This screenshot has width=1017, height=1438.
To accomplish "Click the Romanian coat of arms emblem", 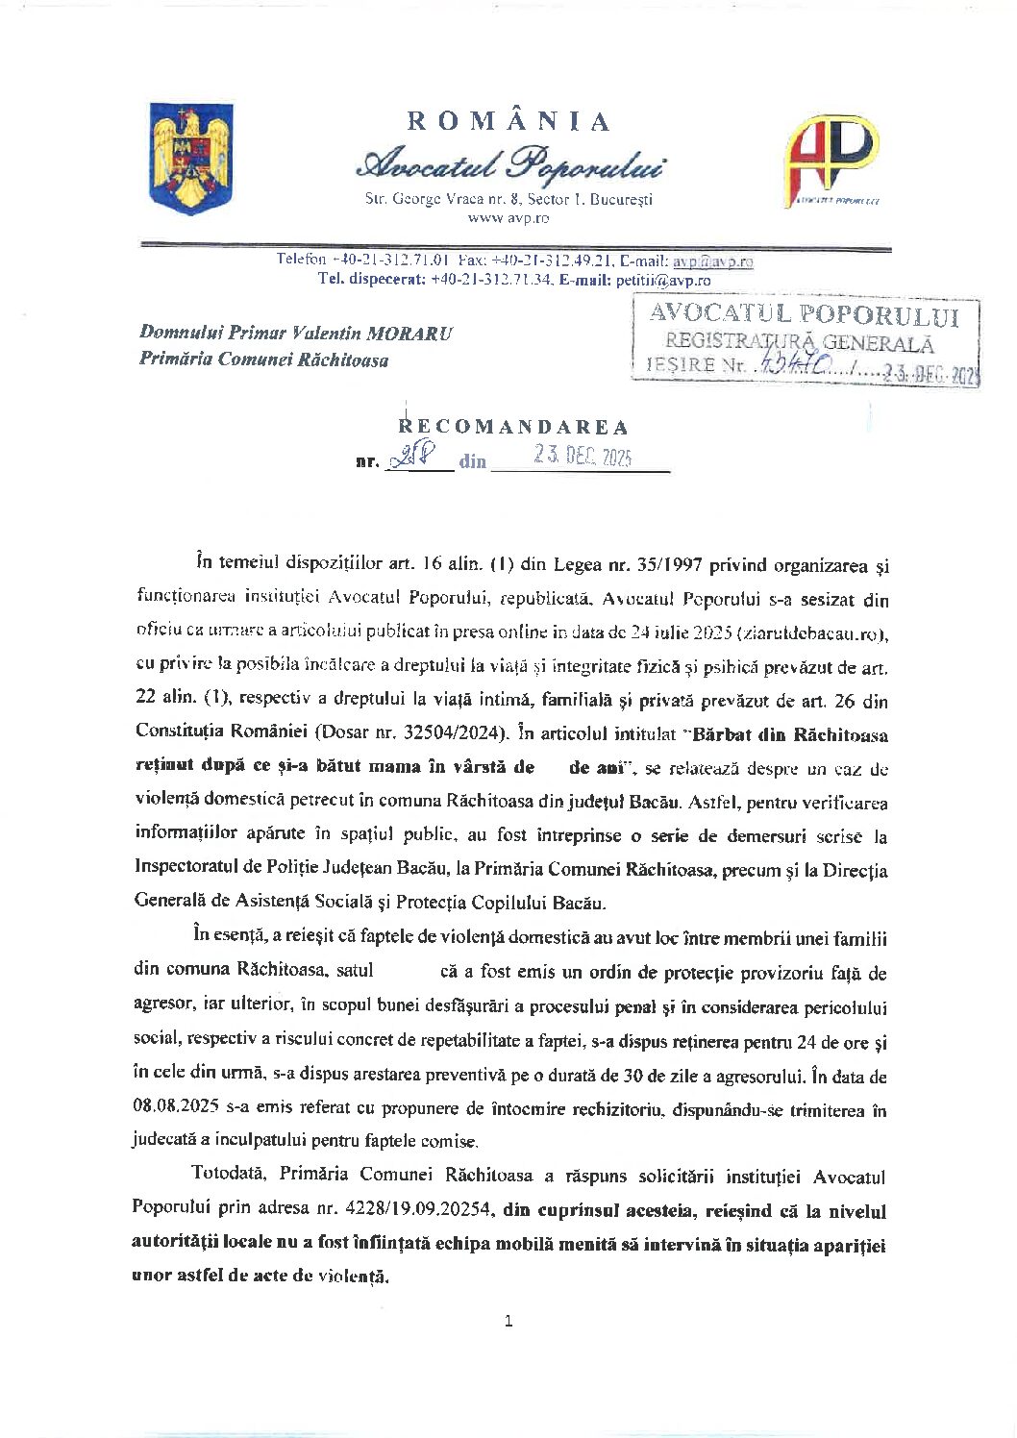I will [191, 159].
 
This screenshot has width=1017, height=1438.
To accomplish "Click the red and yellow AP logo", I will [831, 160].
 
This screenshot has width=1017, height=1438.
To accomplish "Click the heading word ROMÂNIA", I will [508, 122].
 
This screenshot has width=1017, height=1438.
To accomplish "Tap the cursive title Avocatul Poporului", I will [508, 164].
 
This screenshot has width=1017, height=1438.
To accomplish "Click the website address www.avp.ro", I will [508, 218].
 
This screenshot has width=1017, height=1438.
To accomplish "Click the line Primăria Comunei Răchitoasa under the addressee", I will [264, 360].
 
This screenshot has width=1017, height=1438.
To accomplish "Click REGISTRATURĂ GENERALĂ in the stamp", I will [799, 341].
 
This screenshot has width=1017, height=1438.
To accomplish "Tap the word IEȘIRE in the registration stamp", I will [681, 365].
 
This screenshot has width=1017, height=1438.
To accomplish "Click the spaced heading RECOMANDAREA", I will [514, 427].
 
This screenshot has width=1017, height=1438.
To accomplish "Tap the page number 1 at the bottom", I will [508, 1322].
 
